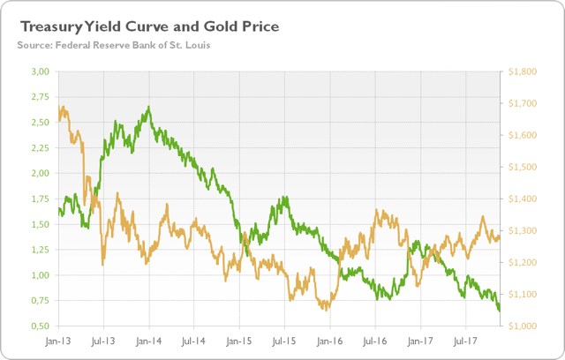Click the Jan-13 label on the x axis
click(x=58, y=340)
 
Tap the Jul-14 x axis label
click(x=194, y=340)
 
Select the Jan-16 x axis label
click(x=329, y=340)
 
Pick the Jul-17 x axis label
click(x=465, y=340)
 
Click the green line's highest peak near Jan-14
click(x=148, y=108)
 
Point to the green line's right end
click(x=500, y=310)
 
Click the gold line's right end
click(x=500, y=236)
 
